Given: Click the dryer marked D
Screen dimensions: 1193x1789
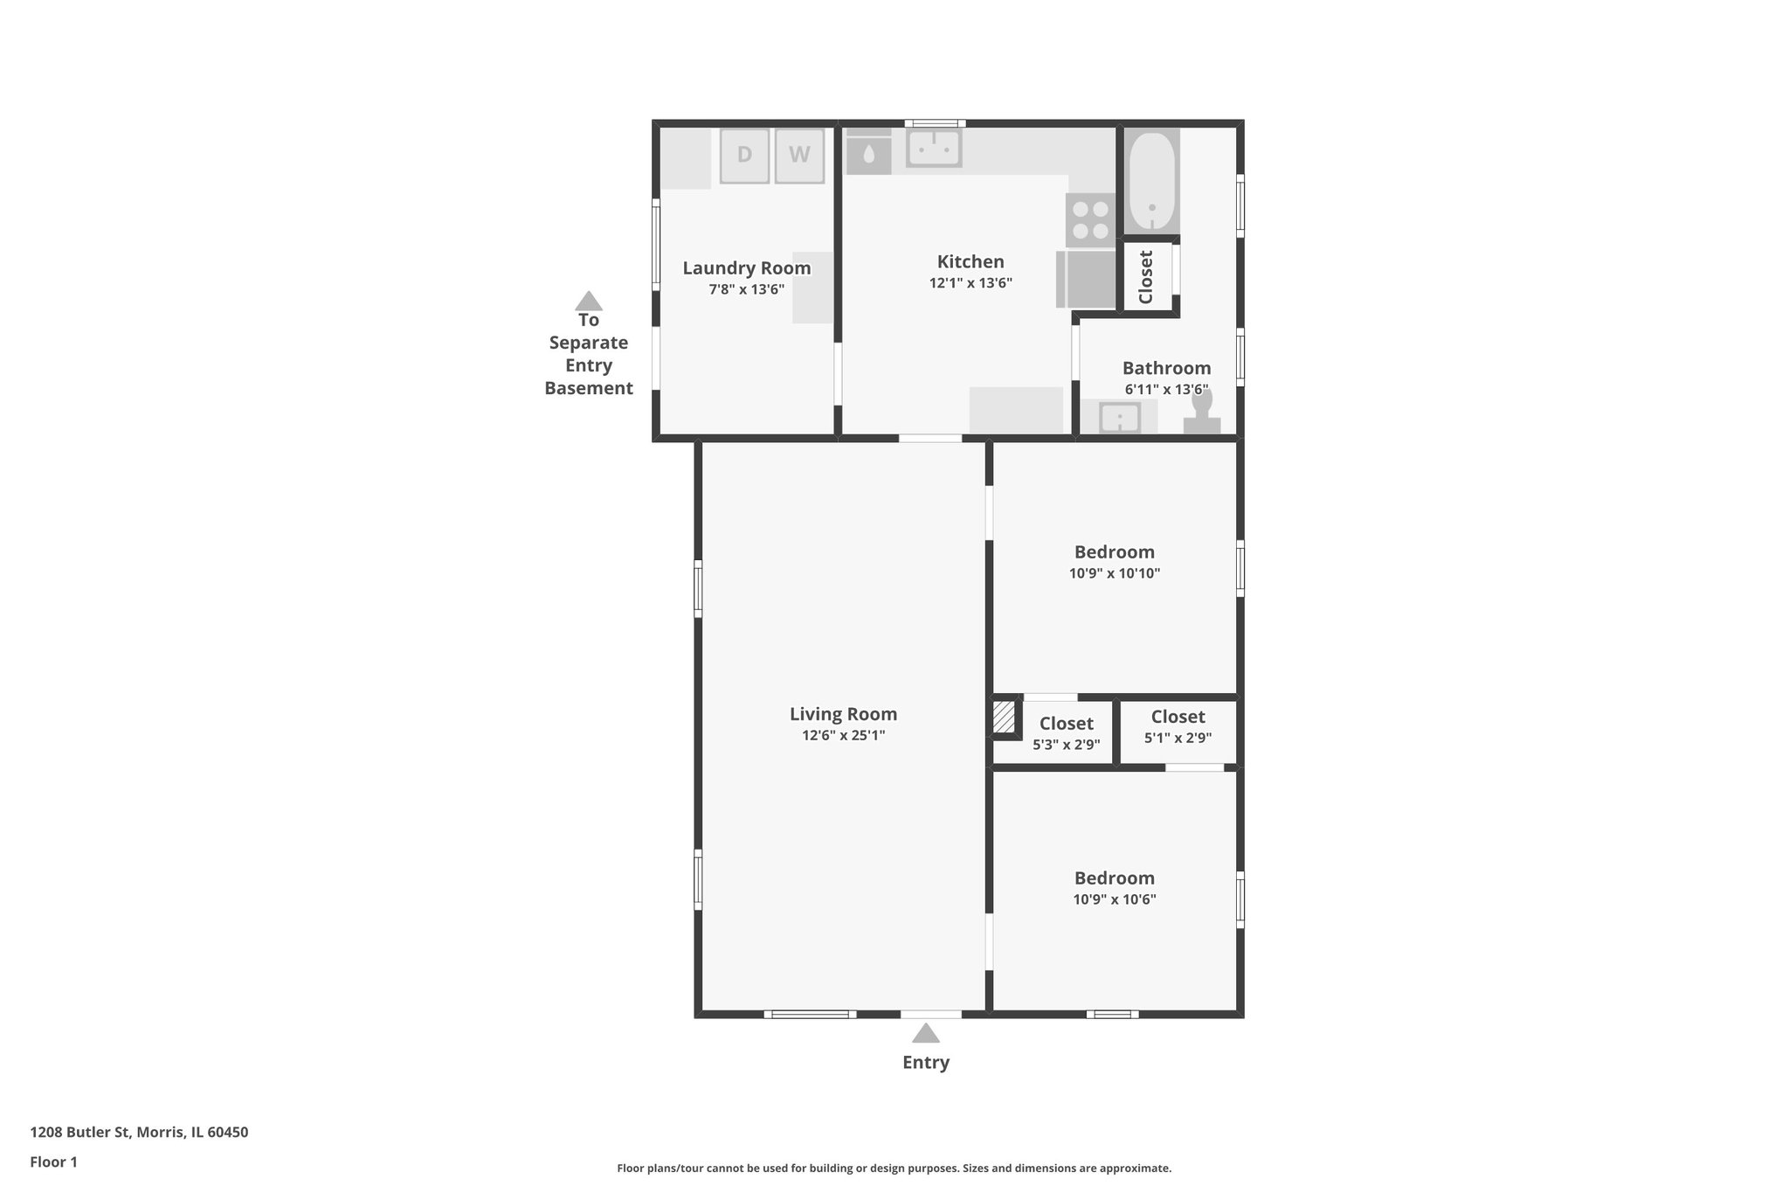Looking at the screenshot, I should [744, 156].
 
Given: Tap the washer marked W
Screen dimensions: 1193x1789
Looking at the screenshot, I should [798, 156].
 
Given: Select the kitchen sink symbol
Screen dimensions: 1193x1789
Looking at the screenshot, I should [934, 149].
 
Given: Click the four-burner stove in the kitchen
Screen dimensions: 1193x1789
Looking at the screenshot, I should [1090, 219].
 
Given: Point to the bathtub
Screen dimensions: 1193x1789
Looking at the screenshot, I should [1151, 181].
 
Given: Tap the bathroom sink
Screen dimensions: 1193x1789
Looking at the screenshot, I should [1119, 417].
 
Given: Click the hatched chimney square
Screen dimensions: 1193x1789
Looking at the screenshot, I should [1004, 718].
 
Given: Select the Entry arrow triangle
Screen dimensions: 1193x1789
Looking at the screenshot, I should [926, 1034].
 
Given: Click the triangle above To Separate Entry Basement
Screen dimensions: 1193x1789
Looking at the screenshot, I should [589, 302].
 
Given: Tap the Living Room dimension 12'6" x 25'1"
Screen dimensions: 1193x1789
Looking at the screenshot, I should [843, 736].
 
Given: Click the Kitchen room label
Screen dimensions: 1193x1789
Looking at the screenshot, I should [970, 261].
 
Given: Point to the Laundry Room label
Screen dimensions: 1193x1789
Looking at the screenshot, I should [746, 268].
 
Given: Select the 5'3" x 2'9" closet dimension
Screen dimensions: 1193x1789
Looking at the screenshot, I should [1066, 745].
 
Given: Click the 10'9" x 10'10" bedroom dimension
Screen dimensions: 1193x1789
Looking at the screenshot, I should [1114, 573].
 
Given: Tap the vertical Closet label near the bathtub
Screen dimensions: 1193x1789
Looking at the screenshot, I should [1146, 277].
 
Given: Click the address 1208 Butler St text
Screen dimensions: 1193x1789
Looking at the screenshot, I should [139, 1132].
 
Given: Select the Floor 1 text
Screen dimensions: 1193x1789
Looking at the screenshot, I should [53, 1162].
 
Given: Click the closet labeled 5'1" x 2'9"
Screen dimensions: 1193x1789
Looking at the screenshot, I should [1178, 727].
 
